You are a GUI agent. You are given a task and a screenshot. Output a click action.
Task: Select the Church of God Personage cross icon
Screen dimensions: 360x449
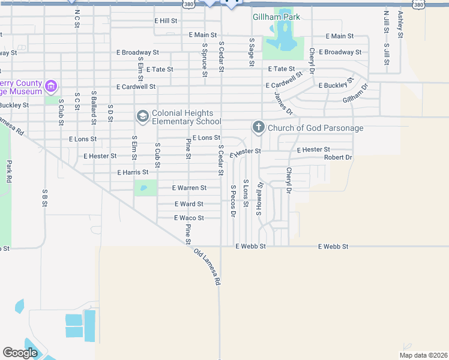(258, 127)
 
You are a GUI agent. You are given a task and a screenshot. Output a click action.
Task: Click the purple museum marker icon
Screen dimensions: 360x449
(52, 88)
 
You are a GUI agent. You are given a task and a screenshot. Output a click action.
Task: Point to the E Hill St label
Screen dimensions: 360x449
(166, 20)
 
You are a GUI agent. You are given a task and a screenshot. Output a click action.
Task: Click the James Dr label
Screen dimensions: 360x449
(283, 103)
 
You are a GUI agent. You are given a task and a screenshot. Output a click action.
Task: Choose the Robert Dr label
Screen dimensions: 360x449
(338, 157)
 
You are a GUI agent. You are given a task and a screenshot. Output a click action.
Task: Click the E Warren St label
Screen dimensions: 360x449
(189, 188)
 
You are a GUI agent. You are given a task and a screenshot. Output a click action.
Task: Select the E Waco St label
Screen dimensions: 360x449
(189, 218)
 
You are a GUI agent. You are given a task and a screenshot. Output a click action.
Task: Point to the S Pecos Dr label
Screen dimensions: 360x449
(233, 200)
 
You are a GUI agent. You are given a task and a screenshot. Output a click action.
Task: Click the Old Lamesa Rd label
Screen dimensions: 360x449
(208, 266)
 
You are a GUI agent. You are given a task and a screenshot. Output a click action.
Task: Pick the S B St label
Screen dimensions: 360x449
(44, 199)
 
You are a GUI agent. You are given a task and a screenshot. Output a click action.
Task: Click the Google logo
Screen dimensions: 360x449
(20, 352)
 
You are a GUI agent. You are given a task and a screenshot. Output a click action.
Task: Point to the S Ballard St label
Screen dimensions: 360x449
(94, 107)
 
